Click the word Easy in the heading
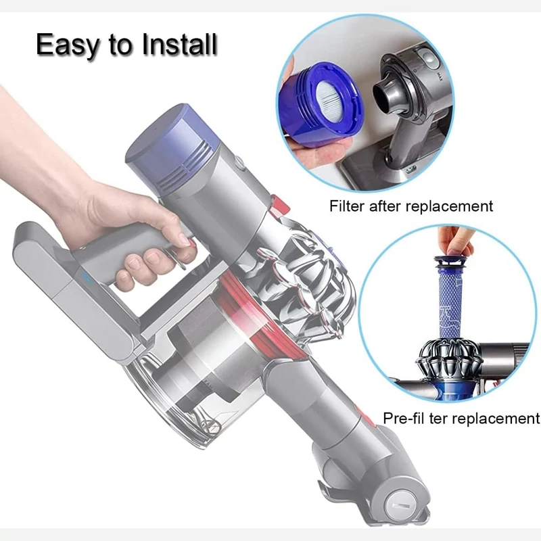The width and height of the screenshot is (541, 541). click(x=67, y=45)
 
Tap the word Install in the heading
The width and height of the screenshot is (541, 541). click(x=180, y=44)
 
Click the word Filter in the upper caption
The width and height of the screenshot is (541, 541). click(x=347, y=206)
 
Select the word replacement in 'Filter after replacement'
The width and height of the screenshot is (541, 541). click(x=449, y=207)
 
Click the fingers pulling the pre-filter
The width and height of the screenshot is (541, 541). click(x=454, y=242)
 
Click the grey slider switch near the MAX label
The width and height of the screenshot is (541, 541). click(x=428, y=60)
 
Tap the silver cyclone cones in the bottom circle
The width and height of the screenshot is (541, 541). click(x=448, y=359)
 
